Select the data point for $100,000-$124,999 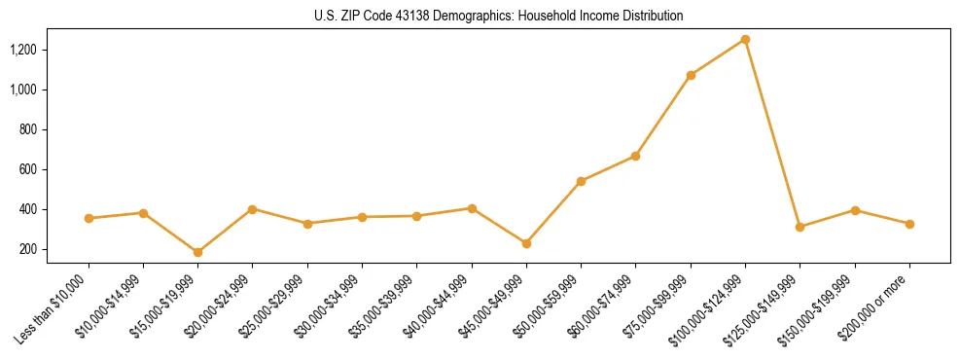[745, 39]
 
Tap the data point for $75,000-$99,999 [691, 75]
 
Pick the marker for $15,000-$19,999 [197, 252]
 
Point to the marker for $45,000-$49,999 [526, 243]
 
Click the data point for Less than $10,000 [89, 218]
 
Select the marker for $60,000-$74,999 [635, 156]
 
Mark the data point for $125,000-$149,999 [800, 227]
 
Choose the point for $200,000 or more [909, 224]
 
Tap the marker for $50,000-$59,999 [581, 181]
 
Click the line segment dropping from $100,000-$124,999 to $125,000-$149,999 [772, 133]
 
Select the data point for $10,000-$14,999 [143, 212]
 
